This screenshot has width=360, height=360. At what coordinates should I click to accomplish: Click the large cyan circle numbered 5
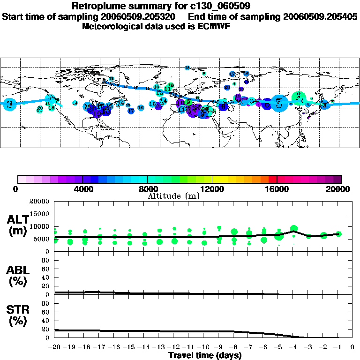pos(279,103)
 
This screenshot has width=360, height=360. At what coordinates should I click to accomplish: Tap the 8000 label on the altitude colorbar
pos(147,189)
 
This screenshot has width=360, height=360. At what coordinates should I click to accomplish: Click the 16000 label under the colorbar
pos(277,189)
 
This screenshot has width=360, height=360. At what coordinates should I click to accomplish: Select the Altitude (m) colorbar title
pos(173,195)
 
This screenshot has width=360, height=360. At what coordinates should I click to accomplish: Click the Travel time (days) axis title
pos(205,356)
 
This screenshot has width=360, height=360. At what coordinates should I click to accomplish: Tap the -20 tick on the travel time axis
pos(54,348)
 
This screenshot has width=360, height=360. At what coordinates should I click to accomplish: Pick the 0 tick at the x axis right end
pos(352,348)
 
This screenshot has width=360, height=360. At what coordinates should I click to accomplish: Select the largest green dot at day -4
pos(294,229)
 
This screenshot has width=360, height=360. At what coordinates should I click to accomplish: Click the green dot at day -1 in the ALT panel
pos(338,234)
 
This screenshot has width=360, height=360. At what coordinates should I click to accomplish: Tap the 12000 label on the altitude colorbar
pos(212,189)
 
